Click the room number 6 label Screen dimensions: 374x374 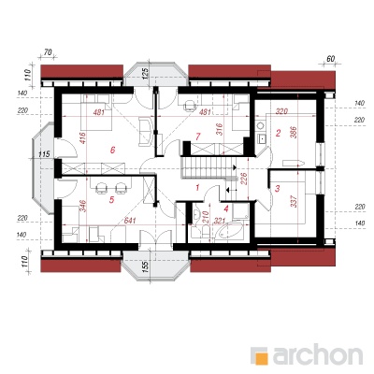[x=112, y=150]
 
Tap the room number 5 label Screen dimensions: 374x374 [x=112, y=200]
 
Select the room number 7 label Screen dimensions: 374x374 [x=197, y=137]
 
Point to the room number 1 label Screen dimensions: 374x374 [x=197, y=187]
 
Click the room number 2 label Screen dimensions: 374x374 [x=279, y=133]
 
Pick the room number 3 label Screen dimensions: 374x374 [x=278, y=188]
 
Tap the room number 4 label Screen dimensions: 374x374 [x=226, y=209]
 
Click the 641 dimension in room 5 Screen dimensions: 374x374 [x=130, y=221]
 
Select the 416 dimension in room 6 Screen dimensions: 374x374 [x=82, y=138]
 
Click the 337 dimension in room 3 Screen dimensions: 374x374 [x=295, y=201]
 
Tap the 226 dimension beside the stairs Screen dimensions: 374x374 [x=244, y=179]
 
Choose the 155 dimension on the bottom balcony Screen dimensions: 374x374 [x=145, y=266]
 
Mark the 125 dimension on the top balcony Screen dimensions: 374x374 [x=145, y=74]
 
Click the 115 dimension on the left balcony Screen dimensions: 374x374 [x=45, y=153]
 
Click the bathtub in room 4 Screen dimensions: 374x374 [x=231, y=231]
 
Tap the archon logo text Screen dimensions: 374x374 [x=318, y=353]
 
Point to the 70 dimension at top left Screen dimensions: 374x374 [x=48, y=52]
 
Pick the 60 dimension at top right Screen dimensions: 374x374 [x=330, y=59]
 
